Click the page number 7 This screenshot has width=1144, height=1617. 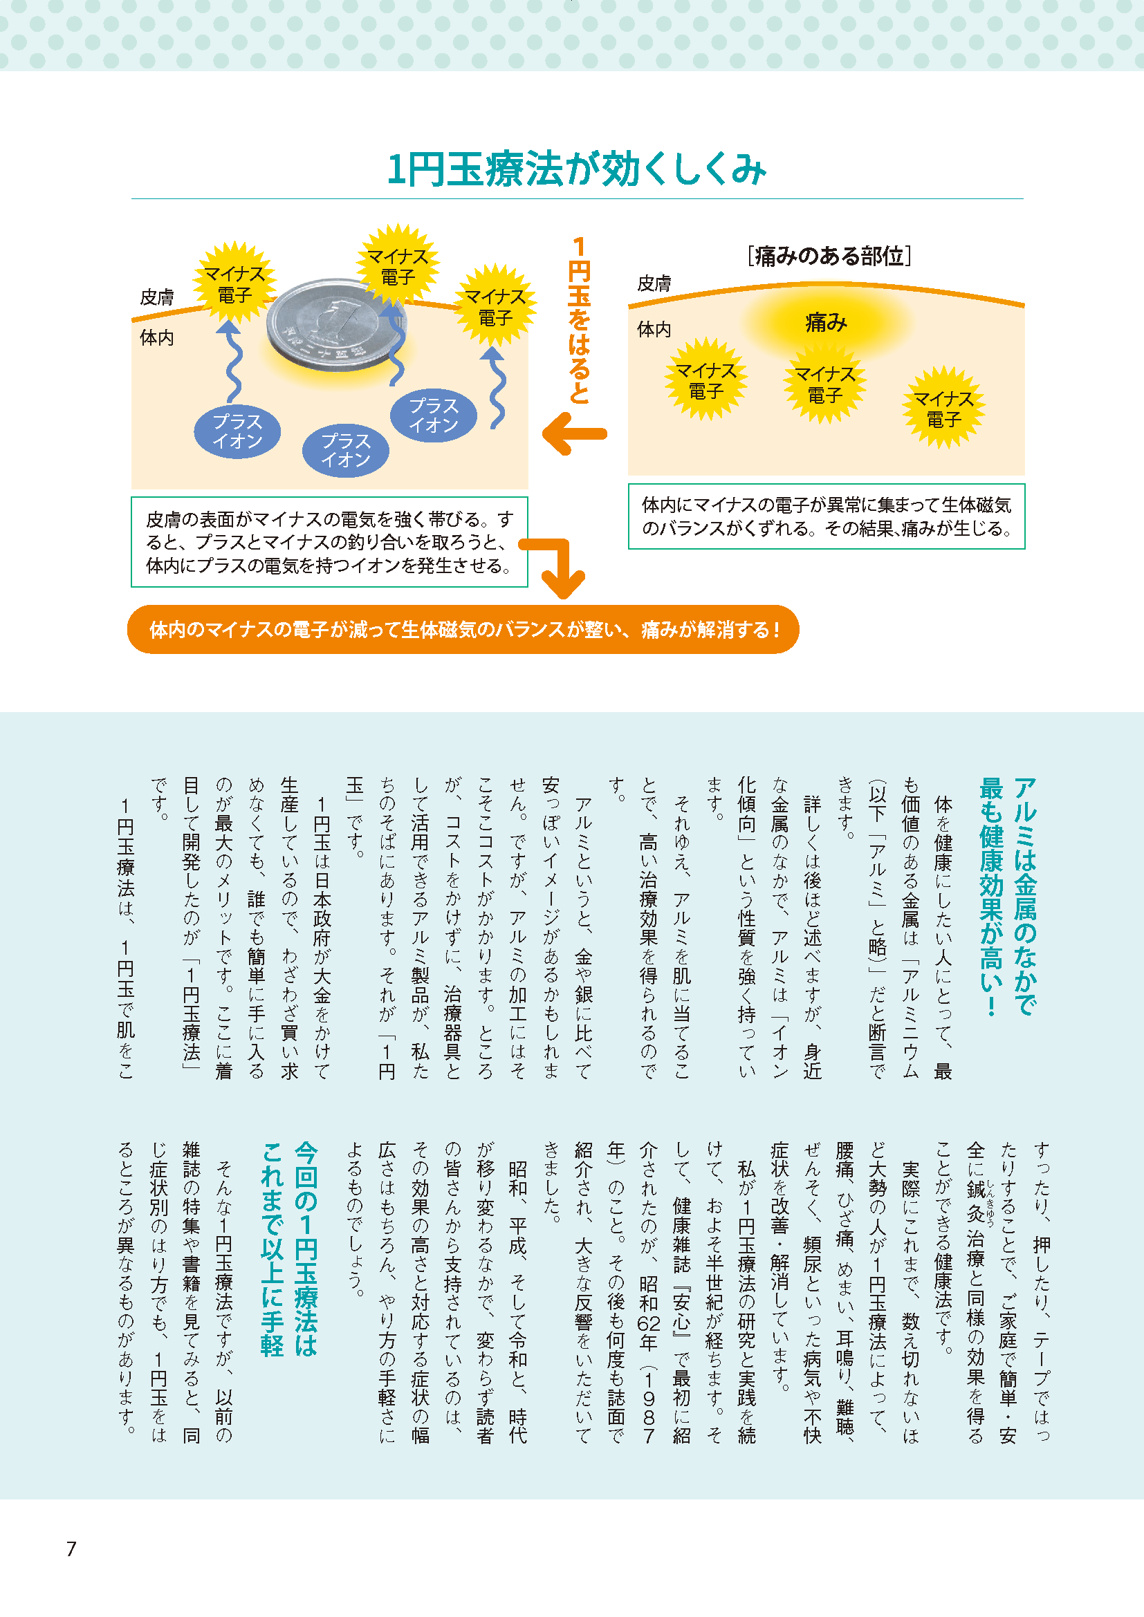click(x=71, y=1548)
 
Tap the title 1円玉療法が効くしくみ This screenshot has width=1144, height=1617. click(x=576, y=170)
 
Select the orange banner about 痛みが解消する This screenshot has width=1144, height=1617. click(x=463, y=629)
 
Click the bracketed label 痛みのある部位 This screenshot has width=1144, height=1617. click(x=829, y=256)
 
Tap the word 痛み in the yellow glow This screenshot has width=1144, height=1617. click(x=826, y=323)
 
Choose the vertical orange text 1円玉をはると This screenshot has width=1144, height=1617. click(x=578, y=321)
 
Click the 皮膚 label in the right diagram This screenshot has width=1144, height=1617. click(x=654, y=284)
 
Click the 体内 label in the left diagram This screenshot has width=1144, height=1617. click(x=156, y=338)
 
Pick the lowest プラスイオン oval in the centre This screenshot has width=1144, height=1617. click(x=345, y=450)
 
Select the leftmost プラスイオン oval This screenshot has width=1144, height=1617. click(x=237, y=431)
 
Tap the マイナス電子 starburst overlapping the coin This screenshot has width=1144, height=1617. click(x=397, y=266)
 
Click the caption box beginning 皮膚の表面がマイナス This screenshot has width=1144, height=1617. click(x=329, y=541)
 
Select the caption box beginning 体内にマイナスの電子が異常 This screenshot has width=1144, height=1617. click(x=826, y=516)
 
